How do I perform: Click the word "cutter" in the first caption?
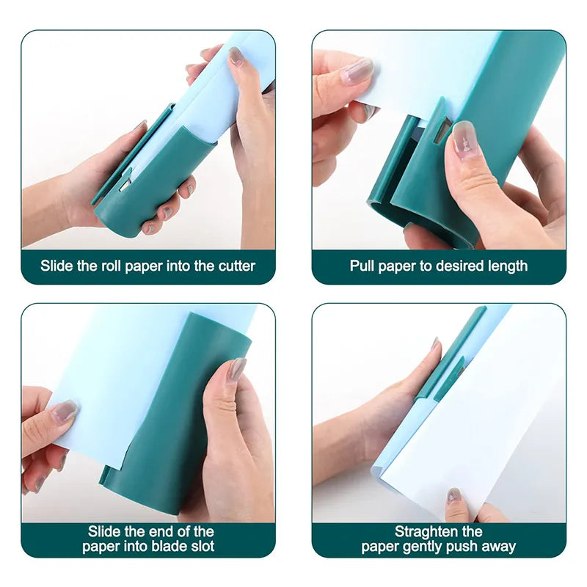click(x=236, y=266)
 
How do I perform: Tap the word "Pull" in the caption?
click(x=362, y=266)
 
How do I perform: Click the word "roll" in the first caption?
click(x=112, y=266)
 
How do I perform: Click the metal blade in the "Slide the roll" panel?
click(x=125, y=185)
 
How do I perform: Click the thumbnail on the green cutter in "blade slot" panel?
click(x=238, y=369)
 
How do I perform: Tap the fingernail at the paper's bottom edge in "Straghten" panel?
click(x=454, y=497)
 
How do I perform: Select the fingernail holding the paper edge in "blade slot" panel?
click(x=65, y=411)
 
